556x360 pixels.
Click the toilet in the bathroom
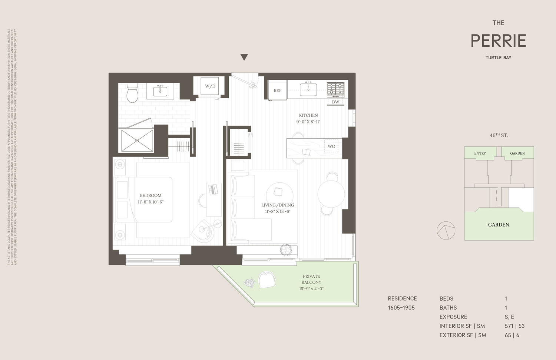point(132,93)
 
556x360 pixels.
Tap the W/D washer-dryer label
point(210,86)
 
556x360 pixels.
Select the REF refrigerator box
point(278,90)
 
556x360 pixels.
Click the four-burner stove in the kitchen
point(335,89)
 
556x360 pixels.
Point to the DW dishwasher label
point(335,102)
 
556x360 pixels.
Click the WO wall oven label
point(331,146)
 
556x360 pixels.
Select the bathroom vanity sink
point(160,91)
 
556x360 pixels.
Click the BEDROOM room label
point(150,195)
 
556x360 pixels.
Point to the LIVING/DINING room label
point(278,205)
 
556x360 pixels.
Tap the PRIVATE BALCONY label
point(311,279)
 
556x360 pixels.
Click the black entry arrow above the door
point(244,57)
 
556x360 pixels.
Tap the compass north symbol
point(446,231)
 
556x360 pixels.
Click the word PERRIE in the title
point(498,41)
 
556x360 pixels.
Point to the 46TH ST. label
point(499,135)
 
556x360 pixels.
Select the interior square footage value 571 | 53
point(514,326)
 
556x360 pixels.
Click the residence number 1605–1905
point(401,307)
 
